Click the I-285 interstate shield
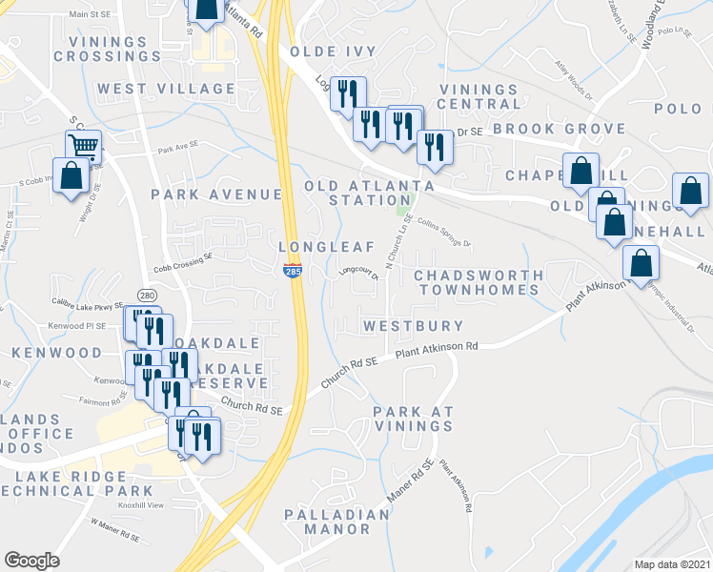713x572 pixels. (292, 272)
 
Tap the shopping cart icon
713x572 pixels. (83, 146)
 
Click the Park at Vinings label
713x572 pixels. (413, 419)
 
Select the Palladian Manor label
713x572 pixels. (337, 521)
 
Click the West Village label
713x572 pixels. (166, 89)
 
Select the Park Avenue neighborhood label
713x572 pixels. (216, 194)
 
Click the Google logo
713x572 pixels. (31, 561)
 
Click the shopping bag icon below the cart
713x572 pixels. (71, 176)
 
